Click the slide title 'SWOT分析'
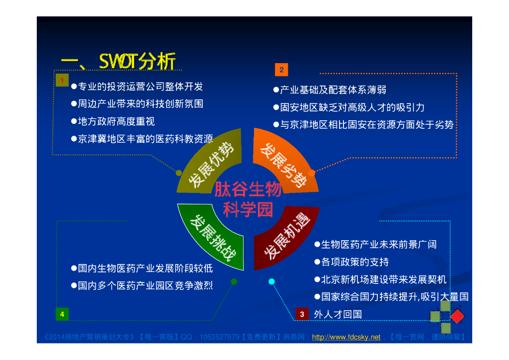click(x=137, y=61)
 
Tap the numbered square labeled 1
click(x=62, y=80)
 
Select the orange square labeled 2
click(x=281, y=70)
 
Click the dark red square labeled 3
click(x=302, y=314)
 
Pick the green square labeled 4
click(x=62, y=314)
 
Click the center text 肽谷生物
click(x=248, y=189)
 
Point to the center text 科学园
click(x=248, y=209)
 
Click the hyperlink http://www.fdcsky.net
click(x=346, y=337)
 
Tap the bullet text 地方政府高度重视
click(x=113, y=121)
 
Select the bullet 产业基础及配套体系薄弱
click(x=330, y=90)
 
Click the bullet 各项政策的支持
click(x=351, y=262)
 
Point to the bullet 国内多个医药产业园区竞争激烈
click(x=142, y=285)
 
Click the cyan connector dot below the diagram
click(x=272, y=281)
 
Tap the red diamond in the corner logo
click(x=457, y=317)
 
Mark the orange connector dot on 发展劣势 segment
click(x=312, y=173)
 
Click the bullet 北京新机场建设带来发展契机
click(x=380, y=279)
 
